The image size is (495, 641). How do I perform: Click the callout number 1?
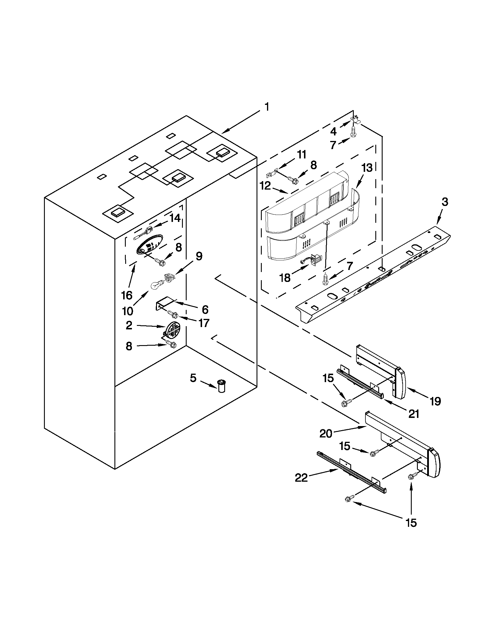(x=266, y=107)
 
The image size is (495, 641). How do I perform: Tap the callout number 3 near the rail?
(x=445, y=202)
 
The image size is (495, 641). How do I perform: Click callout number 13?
(x=367, y=168)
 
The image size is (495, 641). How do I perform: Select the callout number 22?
(x=301, y=478)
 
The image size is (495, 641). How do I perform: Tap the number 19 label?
(x=435, y=401)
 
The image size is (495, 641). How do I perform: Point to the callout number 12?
(x=265, y=186)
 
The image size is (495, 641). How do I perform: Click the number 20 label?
(x=326, y=433)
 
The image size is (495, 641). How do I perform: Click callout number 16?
(x=127, y=295)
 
